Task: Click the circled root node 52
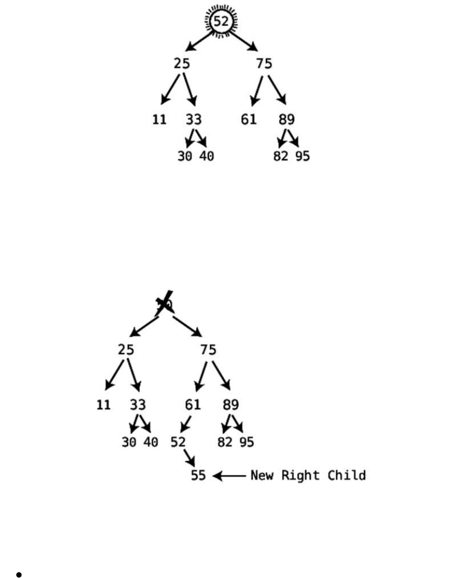point(221,22)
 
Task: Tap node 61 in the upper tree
point(249,119)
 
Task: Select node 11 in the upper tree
point(159,119)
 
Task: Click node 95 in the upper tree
point(302,156)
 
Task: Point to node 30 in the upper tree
point(185,156)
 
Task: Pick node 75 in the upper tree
point(264,64)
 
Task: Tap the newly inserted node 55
point(198,475)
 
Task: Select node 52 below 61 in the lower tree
point(178,442)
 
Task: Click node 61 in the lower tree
point(193,405)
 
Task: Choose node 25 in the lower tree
point(126,349)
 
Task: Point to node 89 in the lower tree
point(231,405)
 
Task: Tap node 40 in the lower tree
point(151,442)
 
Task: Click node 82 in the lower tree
point(225,442)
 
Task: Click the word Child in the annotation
point(347,475)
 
